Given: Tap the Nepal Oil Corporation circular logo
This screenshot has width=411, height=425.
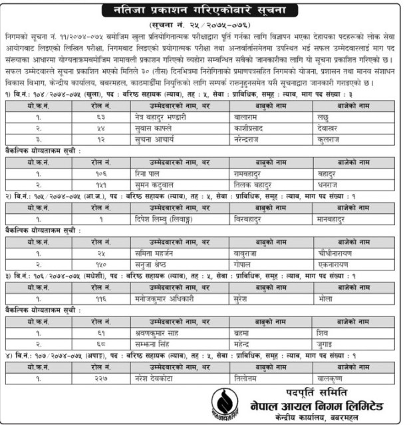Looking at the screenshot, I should pyautogui.click(x=224, y=404).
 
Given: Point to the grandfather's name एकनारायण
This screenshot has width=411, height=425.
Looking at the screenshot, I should pyautogui.click(x=329, y=264).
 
